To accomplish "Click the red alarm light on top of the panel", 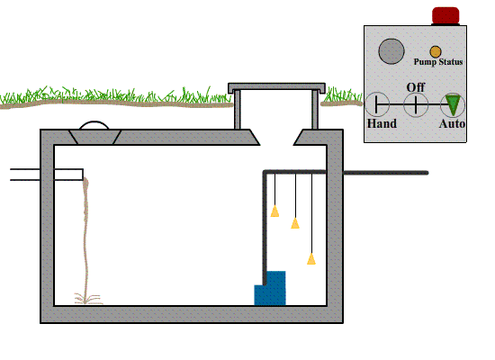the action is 445,15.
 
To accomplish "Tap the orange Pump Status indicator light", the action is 436,51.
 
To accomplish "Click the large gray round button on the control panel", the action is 391,51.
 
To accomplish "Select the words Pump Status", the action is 438,61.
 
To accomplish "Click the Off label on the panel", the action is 416,87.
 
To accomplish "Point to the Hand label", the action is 382,123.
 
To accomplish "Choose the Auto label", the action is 452,123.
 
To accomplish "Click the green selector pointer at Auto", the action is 453,105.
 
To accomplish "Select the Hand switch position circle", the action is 377,104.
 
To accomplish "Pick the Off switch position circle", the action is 416,104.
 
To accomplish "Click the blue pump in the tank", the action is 270,288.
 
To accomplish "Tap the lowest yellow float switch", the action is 311,258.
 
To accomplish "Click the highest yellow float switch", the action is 274,211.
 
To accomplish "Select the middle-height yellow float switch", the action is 295,223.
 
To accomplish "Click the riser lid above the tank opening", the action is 276,87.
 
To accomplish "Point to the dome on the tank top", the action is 94,125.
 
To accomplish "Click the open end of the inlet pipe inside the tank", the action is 83,175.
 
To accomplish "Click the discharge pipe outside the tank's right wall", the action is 386,173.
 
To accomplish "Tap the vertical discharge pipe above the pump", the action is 265,228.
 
